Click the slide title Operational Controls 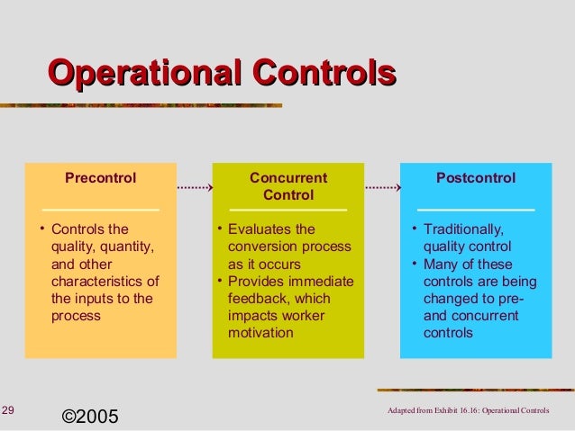[222, 73]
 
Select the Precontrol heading [100, 178]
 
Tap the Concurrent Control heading [287, 186]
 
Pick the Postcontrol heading [476, 178]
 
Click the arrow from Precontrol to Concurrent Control [190, 189]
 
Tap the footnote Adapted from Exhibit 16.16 [466, 412]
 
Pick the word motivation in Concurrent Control [261, 333]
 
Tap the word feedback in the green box [255, 299]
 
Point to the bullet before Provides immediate [220, 282]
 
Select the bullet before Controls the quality [42, 229]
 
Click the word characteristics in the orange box [98, 282]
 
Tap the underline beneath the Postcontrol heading [476, 210]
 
